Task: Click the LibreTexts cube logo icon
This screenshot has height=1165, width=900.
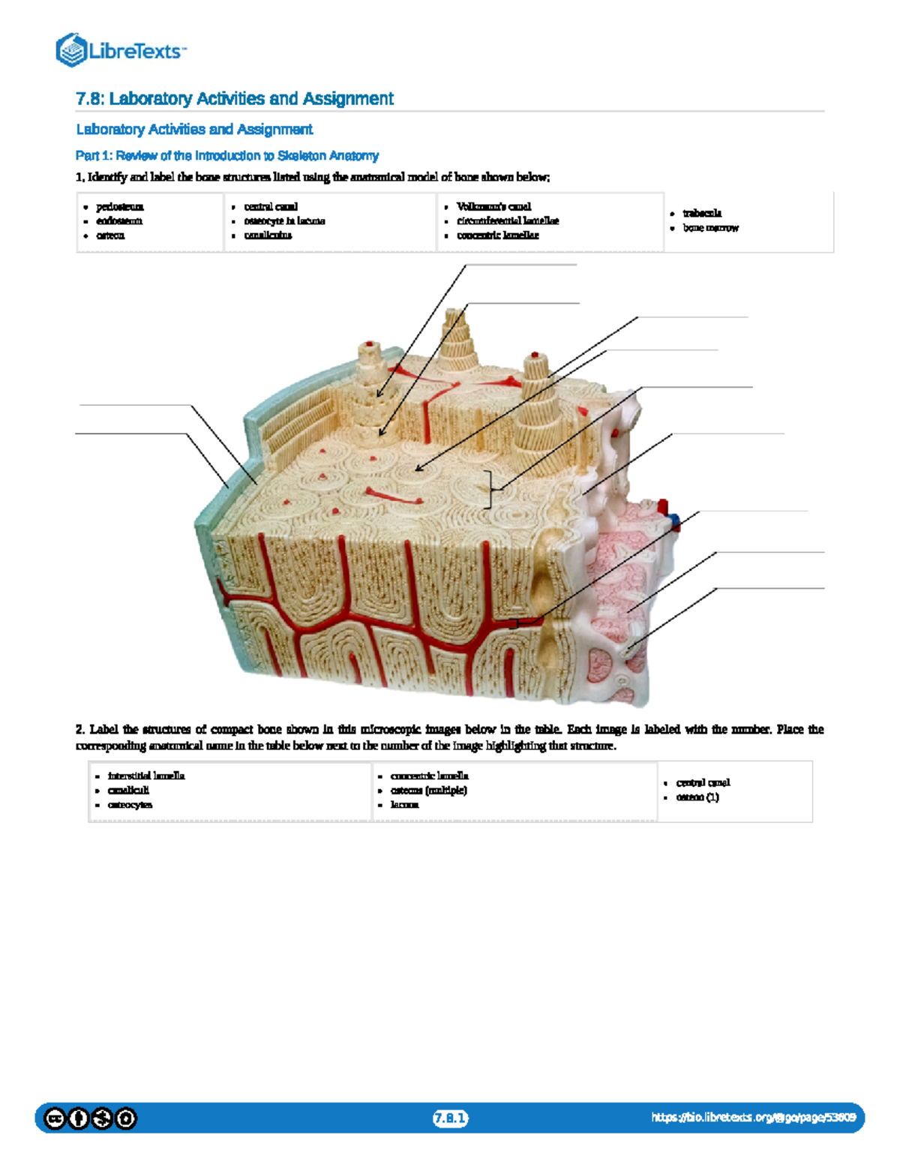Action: coord(71,50)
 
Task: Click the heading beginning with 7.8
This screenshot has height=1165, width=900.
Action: coord(234,99)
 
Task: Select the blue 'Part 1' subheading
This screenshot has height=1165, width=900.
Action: coord(226,156)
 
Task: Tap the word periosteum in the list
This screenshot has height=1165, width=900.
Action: coord(120,207)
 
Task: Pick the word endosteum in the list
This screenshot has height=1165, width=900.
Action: coord(119,221)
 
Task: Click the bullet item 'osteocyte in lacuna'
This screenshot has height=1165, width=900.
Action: coord(284,221)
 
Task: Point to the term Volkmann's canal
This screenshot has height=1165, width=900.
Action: coord(493,207)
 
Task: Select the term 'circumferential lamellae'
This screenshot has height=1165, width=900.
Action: coord(508,221)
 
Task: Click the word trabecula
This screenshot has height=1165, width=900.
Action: coord(702,214)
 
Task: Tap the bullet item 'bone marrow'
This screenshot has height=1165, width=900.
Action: coord(710,228)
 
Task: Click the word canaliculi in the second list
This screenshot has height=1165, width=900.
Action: coord(128,791)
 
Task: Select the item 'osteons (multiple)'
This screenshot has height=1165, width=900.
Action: coord(428,791)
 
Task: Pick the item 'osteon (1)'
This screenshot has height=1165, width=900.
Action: coord(697,797)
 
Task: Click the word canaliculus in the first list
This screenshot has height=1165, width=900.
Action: coord(268,236)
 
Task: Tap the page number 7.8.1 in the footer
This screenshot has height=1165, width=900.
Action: coord(450,1118)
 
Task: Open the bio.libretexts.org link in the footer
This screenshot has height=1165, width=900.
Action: coord(753,1118)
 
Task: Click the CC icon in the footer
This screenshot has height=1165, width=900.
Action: coord(55,1119)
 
